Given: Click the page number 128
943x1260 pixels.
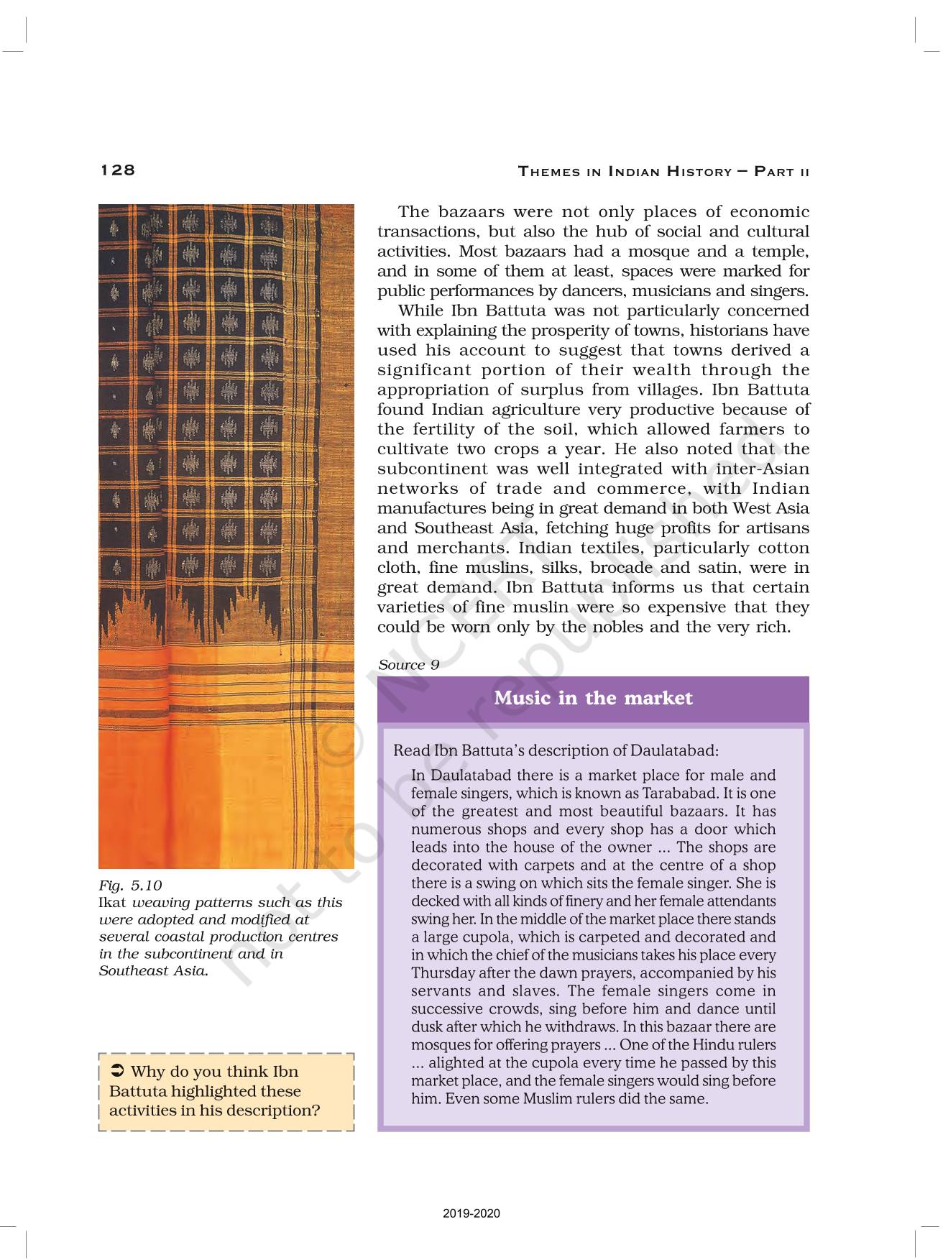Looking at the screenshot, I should (x=118, y=170).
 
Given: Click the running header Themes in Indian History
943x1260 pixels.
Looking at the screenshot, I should (x=663, y=171).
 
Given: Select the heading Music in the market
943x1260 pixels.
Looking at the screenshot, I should (x=593, y=698).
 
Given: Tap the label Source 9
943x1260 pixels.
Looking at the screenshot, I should (x=408, y=665).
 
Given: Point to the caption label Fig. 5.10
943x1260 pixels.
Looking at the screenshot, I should (x=130, y=885).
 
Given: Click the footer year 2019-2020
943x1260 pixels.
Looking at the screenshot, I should (x=471, y=1214).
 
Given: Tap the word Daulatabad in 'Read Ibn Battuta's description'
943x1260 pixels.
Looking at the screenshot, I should (x=674, y=750).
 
